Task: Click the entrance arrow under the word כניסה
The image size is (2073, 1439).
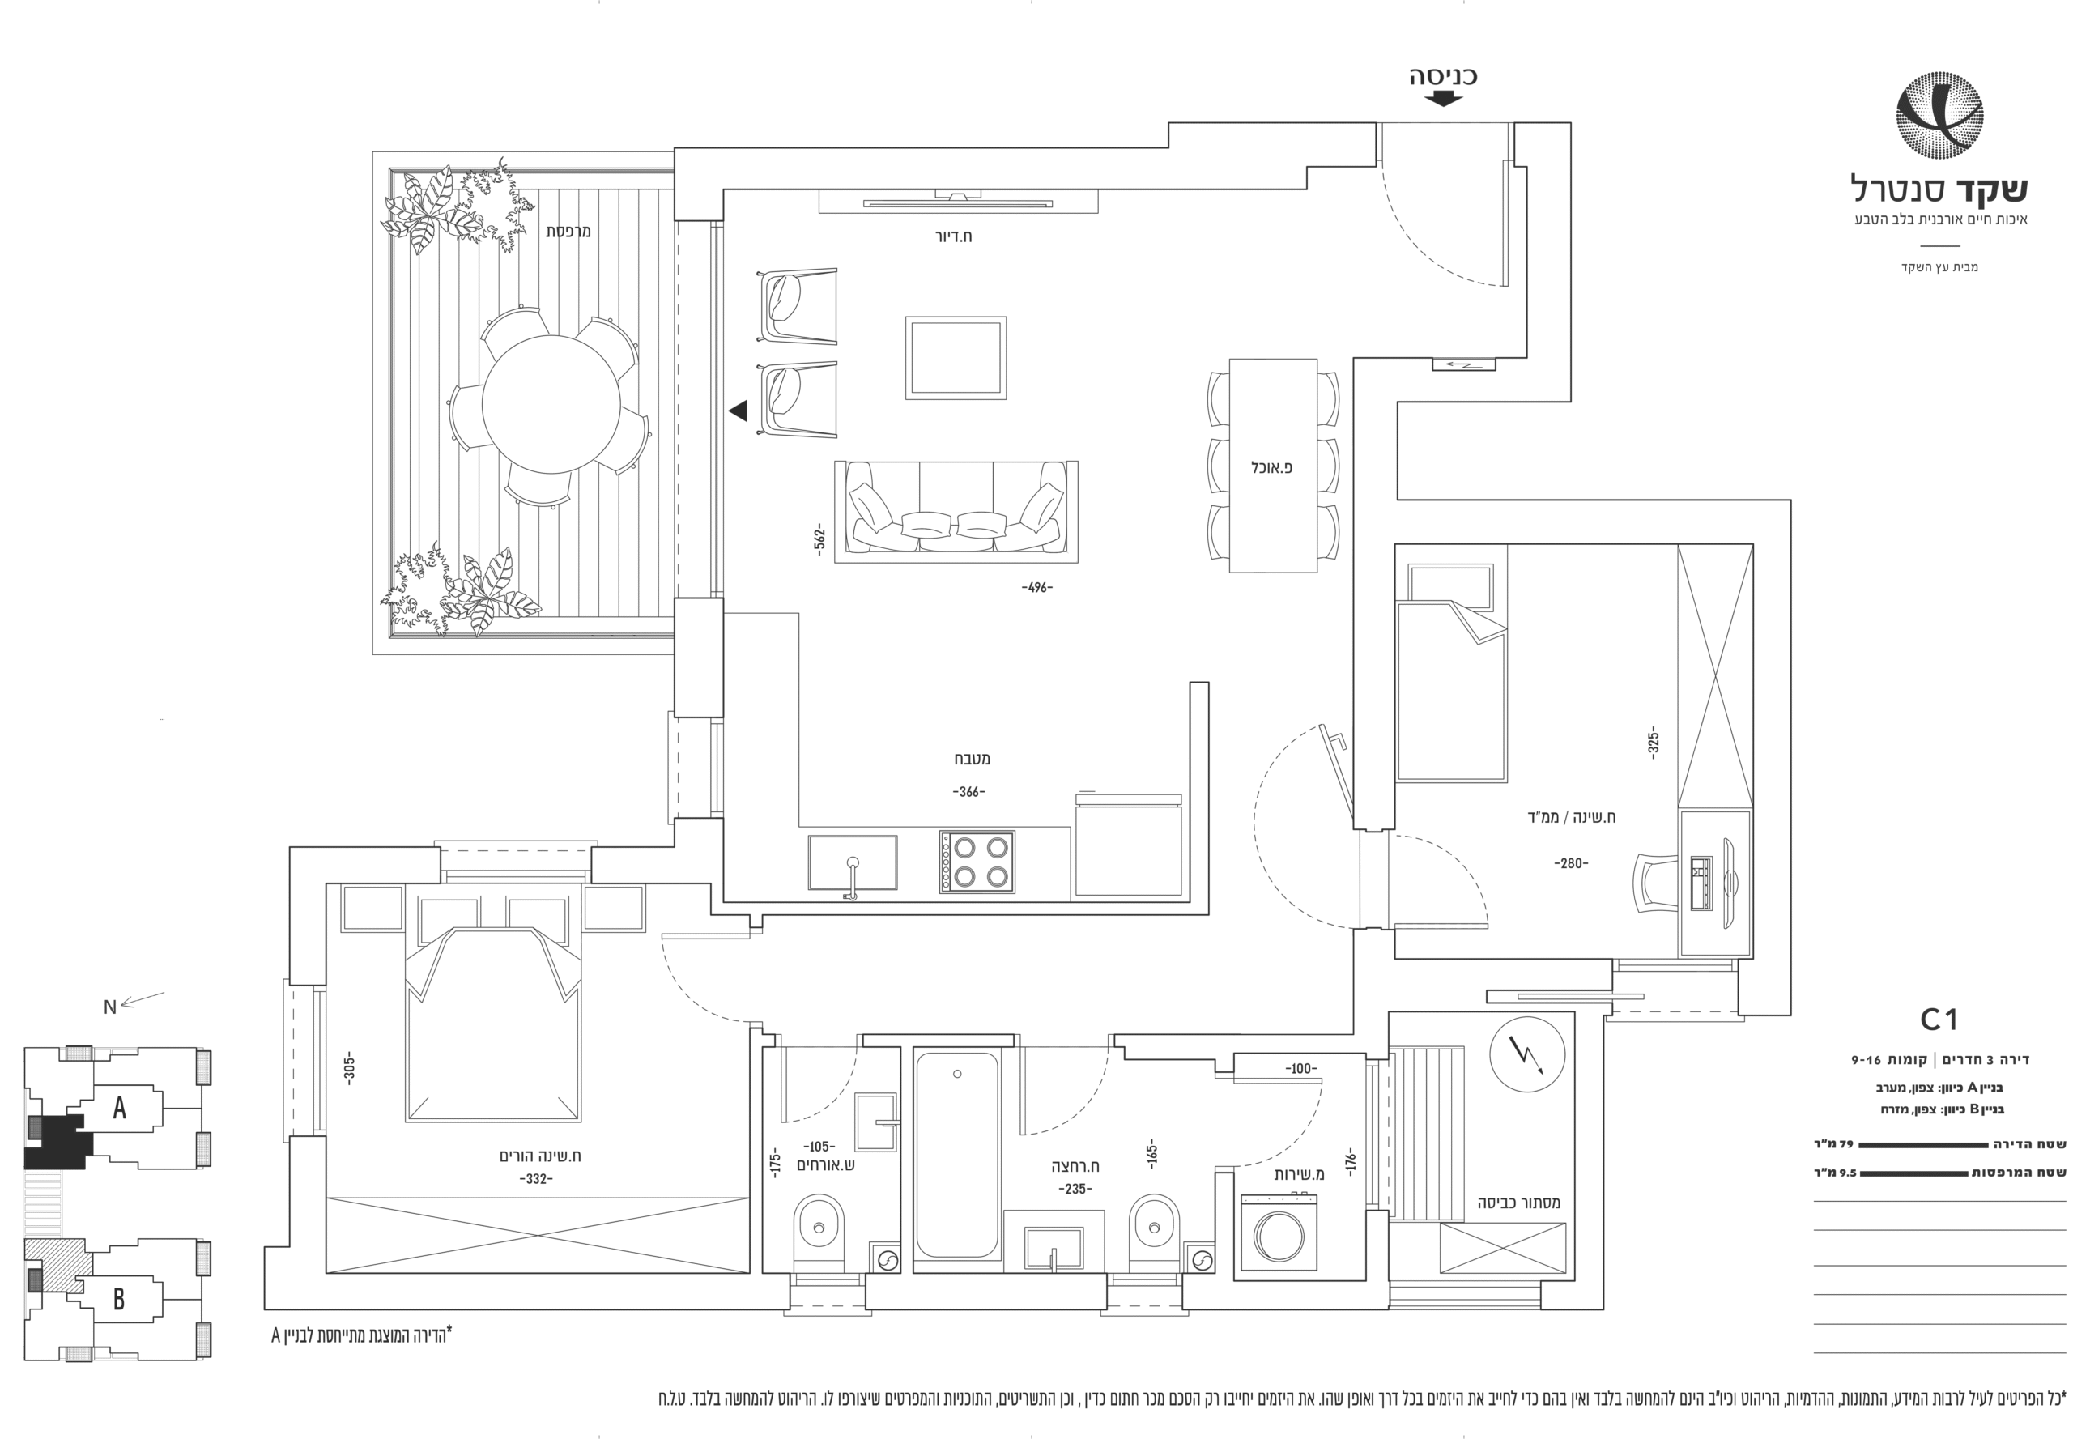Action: point(1444,98)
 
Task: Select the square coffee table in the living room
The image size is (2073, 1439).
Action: point(955,357)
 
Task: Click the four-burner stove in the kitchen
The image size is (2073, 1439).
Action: point(977,861)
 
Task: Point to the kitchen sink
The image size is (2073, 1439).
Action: point(852,863)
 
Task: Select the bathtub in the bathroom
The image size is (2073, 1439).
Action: point(956,1155)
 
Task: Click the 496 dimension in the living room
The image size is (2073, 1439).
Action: point(1037,587)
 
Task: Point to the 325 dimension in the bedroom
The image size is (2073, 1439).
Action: point(1653,742)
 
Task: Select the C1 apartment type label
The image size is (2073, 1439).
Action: point(1939,1019)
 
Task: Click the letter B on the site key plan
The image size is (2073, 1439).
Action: point(118,1298)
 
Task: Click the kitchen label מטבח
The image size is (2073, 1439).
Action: point(972,758)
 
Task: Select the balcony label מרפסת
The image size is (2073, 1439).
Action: point(568,231)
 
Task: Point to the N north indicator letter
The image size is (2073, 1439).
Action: point(110,1007)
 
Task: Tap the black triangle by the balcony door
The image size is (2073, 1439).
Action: point(739,411)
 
